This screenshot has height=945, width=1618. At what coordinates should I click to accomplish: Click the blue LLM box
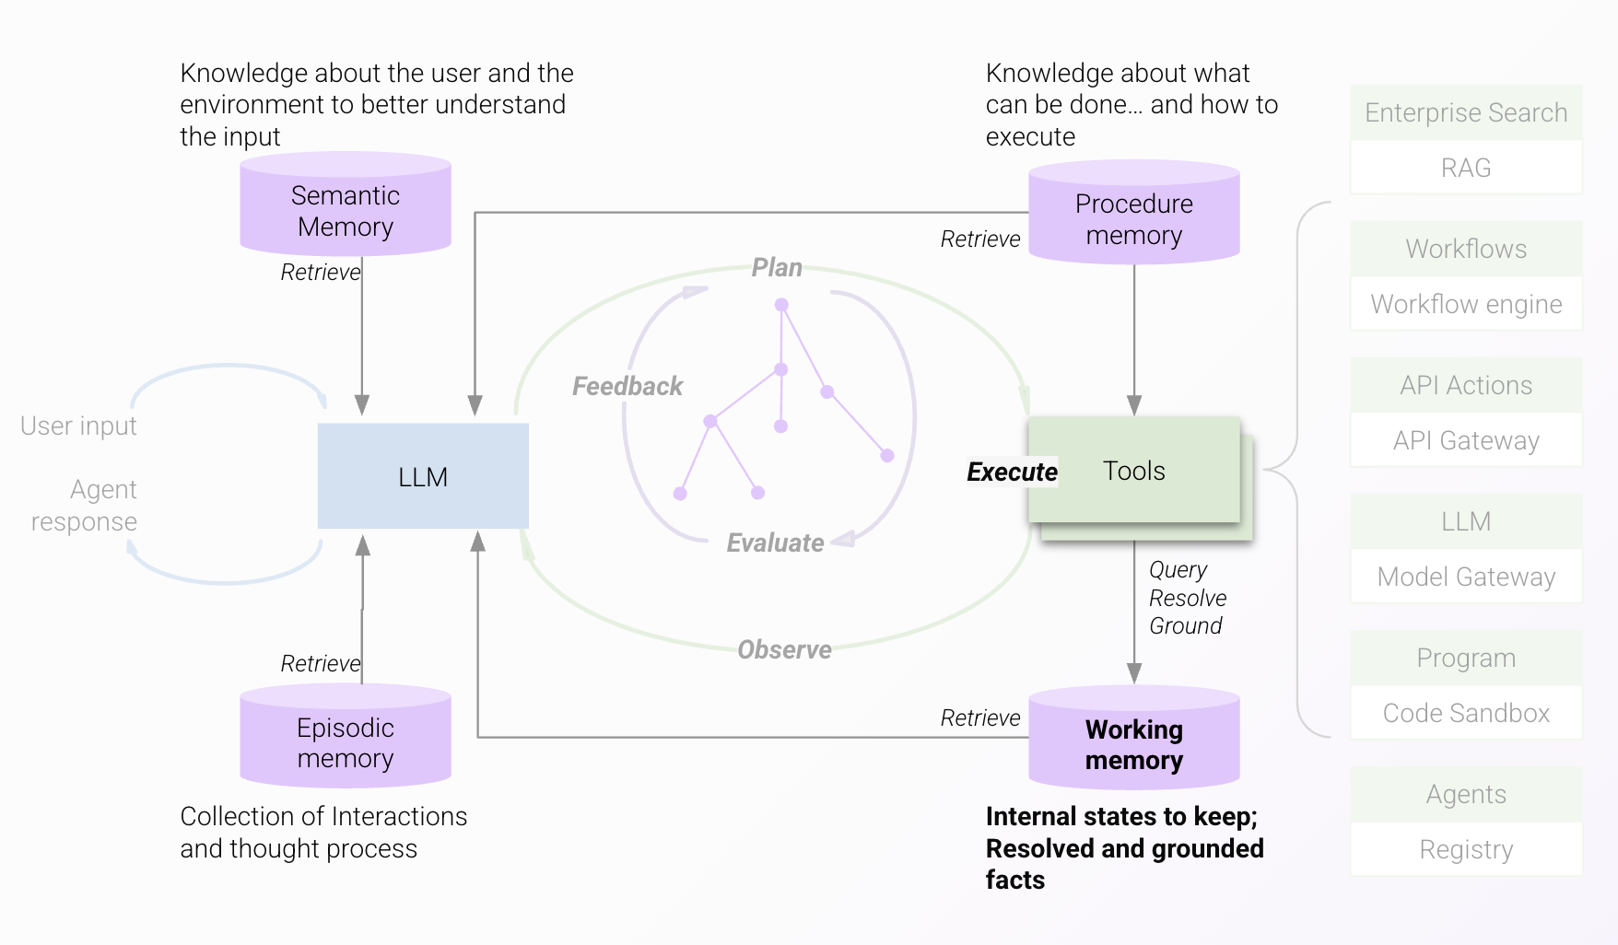423,476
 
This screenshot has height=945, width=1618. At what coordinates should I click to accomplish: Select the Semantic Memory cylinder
346,210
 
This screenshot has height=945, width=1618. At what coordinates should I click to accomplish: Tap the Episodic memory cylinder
346,741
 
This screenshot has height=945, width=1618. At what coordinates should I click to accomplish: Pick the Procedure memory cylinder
1133,219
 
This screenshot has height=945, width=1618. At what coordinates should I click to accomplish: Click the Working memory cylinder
1133,744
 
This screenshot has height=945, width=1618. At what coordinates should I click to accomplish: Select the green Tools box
1135,471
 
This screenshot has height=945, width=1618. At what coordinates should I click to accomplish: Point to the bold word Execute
1012,472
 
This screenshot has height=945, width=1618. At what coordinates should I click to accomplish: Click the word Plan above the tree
777,267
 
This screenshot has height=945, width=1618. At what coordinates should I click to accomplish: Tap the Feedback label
627,386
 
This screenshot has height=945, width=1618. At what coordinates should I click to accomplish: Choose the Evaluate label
775,542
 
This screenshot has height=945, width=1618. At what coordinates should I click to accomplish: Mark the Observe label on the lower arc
784,649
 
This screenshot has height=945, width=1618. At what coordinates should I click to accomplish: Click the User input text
78,426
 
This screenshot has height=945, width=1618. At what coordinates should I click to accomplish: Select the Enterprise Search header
1466,112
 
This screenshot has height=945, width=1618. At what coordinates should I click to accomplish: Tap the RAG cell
1466,168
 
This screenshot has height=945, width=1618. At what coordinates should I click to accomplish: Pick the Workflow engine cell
1466,304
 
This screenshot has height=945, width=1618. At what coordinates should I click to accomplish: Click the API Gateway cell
1466,440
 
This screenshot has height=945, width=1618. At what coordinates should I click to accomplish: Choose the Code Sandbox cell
1466,713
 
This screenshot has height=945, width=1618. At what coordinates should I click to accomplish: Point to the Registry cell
1466,849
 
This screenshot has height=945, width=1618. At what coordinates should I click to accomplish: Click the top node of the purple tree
781,305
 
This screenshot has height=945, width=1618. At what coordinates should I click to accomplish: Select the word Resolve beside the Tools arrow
1188,598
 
